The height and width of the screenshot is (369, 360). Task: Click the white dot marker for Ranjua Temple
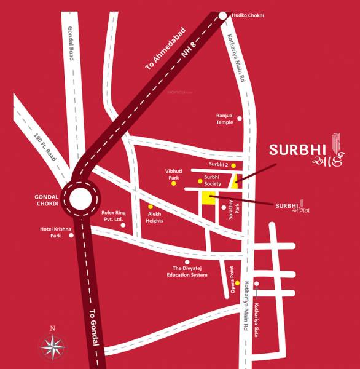click(240, 118)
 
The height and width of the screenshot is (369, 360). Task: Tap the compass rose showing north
click(53, 346)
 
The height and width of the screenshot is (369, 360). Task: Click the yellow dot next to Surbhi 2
click(233, 165)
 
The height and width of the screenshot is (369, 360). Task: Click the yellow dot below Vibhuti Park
click(174, 183)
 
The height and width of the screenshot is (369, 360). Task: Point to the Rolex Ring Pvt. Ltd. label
click(112, 216)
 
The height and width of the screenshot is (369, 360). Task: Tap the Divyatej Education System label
click(190, 272)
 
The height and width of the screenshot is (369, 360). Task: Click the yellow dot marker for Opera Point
click(237, 283)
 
